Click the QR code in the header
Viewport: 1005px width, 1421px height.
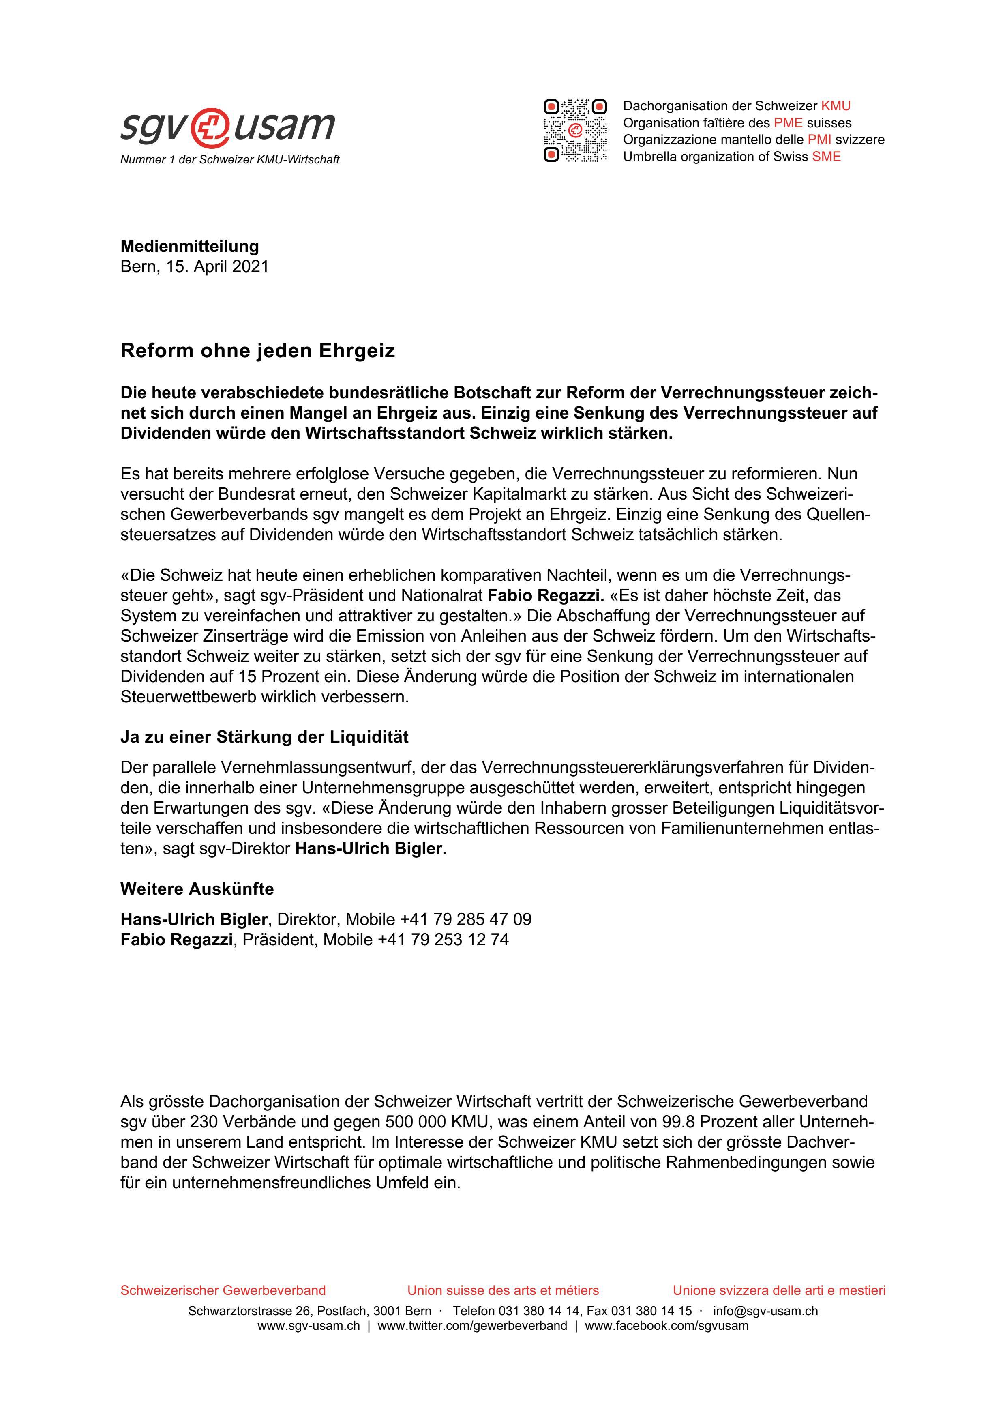pos(575,131)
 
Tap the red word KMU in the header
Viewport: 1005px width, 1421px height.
pos(836,106)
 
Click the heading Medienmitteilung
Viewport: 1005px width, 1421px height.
pos(189,246)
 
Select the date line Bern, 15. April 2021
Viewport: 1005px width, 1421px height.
pos(194,267)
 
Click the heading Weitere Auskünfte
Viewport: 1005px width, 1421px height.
pos(197,889)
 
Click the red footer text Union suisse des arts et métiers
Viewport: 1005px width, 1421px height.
pos(503,1290)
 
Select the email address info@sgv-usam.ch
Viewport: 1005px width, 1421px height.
pos(765,1311)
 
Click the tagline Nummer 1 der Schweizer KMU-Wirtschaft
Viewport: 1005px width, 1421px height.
pos(229,160)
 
